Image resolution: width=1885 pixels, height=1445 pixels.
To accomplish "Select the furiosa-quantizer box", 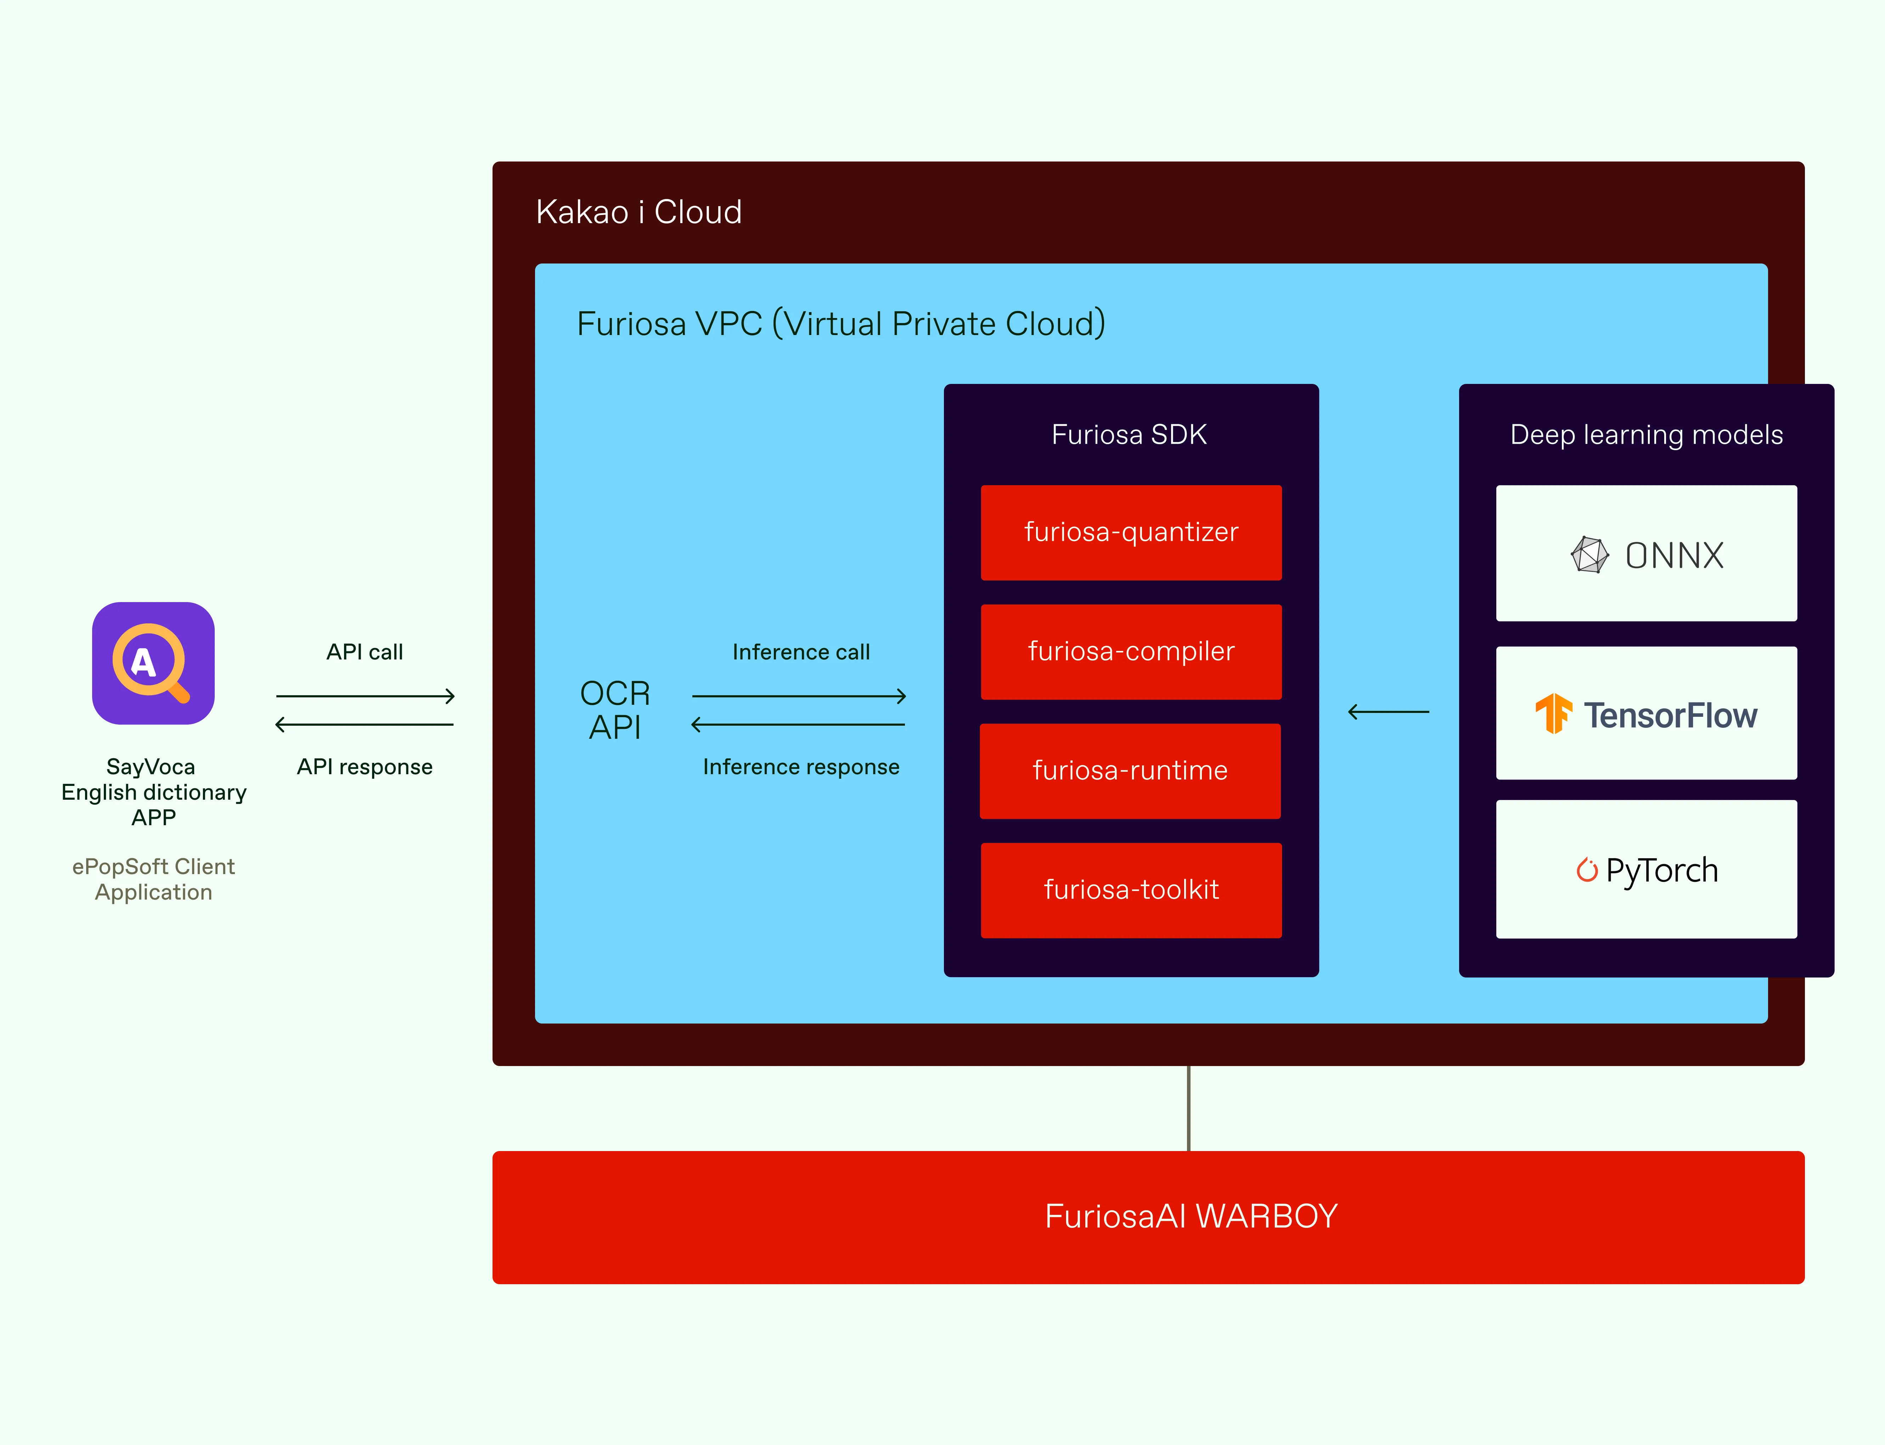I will pyautogui.click(x=1131, y=532).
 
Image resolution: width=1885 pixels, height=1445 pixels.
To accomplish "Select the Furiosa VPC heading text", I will pyautogui.click(x=840, y=324).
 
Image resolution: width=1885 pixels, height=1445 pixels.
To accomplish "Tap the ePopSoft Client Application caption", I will pyautogui.click(x=153, y=879).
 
